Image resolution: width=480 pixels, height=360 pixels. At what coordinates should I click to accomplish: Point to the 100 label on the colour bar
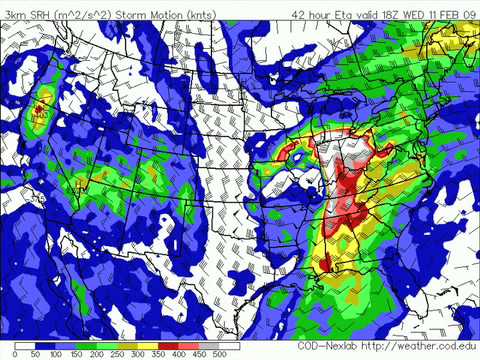[56, 353]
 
